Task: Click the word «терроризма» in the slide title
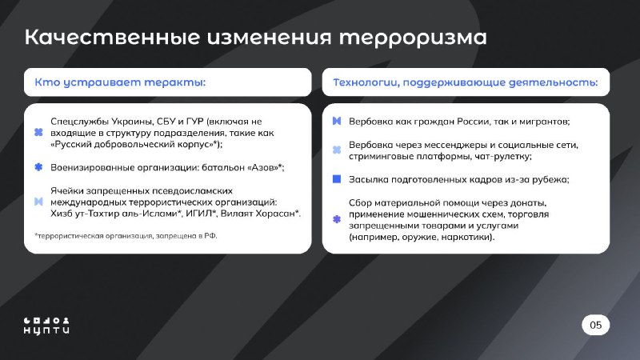[x=413, y=38]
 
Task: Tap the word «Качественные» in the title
[x=112, y=37]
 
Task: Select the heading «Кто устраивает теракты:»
[x=120, y=82]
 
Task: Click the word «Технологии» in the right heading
[x=366, y=82]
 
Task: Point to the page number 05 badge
[x=595, y=325]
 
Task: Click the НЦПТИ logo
[x=46, y=326]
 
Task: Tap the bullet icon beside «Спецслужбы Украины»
[x=38, y=132]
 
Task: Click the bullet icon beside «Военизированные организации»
[x=38, y=167]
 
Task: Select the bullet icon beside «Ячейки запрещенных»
[x=38, y=202]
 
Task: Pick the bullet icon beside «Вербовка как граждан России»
[x=337, y=121]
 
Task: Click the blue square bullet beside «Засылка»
[x=337, y=178]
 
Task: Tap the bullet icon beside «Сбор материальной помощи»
[x=337, y=219]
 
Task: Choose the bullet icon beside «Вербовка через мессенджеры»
[x=337, y=150]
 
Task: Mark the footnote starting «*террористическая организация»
[x=126, y=236]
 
